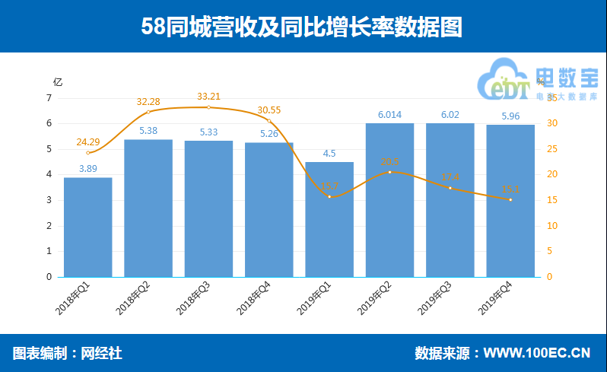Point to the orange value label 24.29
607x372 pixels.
coord(88,141)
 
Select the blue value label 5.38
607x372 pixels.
coord(148,130)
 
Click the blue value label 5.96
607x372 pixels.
coord(510,116)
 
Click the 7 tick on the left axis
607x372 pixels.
coord(49,98)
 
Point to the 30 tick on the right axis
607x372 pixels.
coord(552,123)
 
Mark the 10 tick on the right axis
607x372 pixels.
coord(552,226)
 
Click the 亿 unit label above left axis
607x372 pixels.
coord(58,81)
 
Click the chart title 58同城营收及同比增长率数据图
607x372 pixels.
coord(303,27)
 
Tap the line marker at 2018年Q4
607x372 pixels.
coord(269,121)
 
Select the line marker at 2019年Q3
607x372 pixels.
coord(450,188)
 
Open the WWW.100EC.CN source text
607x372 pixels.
coord(537,353)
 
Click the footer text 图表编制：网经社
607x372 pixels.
coord(68,353)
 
